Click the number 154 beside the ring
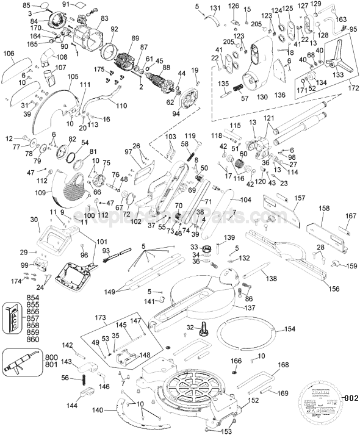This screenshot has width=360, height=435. pos(289,329)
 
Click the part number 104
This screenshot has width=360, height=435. pos(245,200)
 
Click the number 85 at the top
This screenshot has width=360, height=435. pos(26,5)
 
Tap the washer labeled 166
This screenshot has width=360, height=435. pos(236,372)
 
